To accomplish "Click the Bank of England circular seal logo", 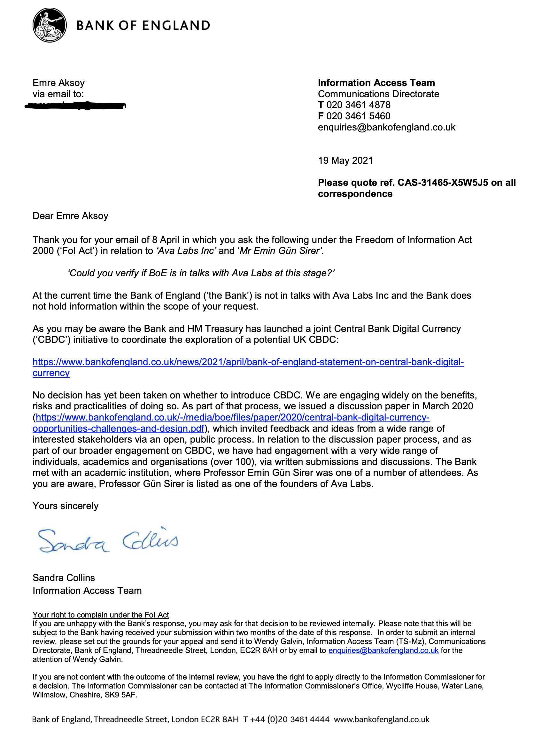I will [x=49, y=25].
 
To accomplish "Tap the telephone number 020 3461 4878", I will [x=358, y=105].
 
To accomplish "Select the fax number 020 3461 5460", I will [x=358, y=116].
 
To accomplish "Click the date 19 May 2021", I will [x=345, y=161].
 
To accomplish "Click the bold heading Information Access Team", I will [x=376, y=83].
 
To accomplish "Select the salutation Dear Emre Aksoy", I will [x=70, y=216].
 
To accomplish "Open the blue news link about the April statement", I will [x=248, y=362].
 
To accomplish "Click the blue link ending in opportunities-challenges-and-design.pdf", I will [x=119, y=429].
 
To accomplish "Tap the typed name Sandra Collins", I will [x=64, y=578].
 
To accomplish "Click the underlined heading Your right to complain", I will [x=100, y=615].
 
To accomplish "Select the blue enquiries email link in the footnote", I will [x=383, y=650].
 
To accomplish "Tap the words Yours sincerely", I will [x=66, y=506].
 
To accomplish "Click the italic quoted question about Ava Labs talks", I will [x=201, y=273].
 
